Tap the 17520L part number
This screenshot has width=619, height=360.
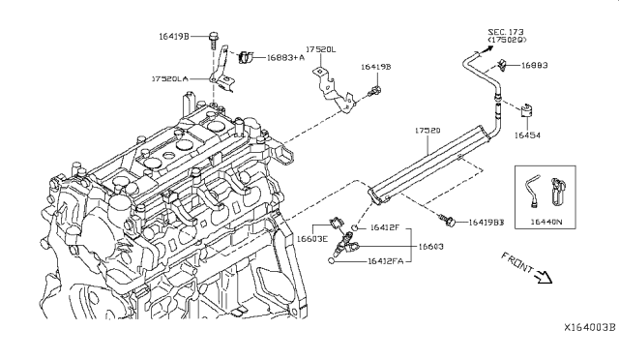(x=321, y=47)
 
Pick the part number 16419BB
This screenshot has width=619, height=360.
(x=487, y=223)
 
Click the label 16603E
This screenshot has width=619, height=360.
(x=312, y=238)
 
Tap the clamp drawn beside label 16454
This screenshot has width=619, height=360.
(x=528, y=112)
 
